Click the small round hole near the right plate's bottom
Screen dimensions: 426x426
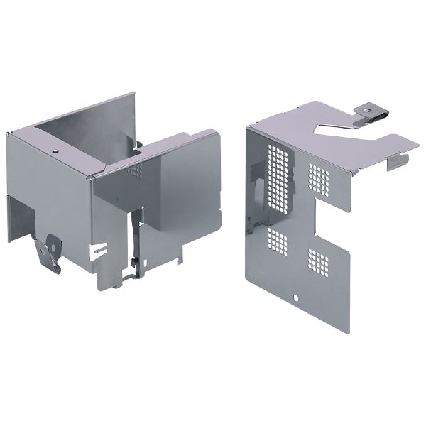point(297,296)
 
